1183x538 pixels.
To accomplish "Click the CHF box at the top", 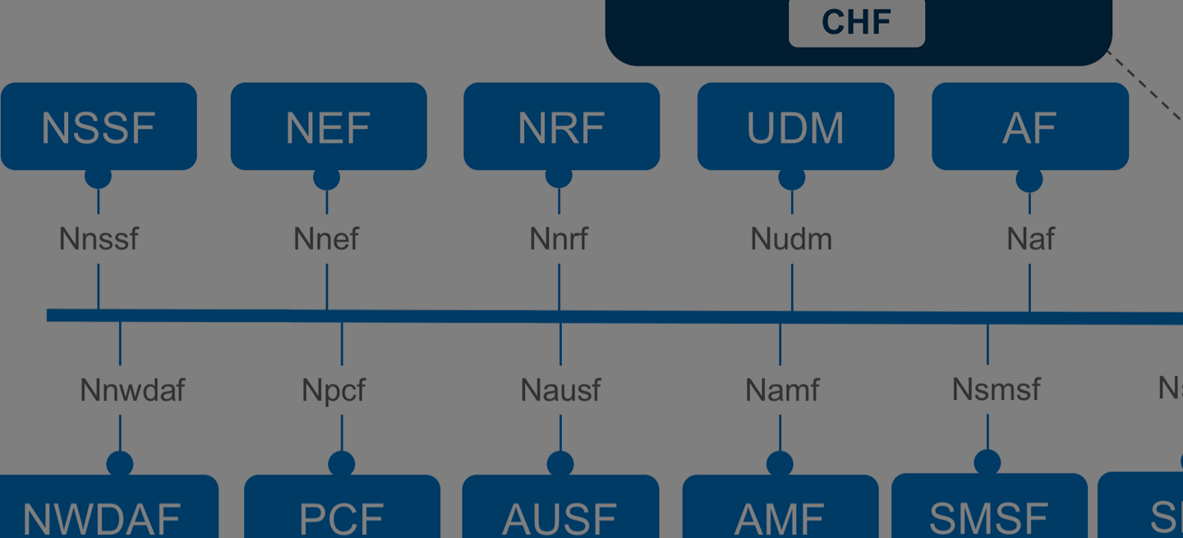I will tap(856, 22).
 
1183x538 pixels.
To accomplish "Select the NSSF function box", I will tap(99, 126).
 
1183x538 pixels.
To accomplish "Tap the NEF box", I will tap(328, 126).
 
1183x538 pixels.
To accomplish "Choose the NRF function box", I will tap(561, 126).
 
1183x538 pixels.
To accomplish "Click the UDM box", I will tap(795, 126).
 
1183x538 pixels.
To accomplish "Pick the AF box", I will tap(1029, 126).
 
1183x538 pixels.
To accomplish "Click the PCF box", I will tap(342, 509).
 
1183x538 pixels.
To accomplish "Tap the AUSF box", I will tap(560, 509).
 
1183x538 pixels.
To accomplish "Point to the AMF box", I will tap(780, 509).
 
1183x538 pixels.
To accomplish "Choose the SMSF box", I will tap(988, 509).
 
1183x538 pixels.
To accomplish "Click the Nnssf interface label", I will tap(99, 239).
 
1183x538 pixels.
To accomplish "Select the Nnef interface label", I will tap(326, 239).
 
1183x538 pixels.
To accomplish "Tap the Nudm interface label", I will tap(791, 239).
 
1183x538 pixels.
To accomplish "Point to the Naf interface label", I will tap(1030, 239).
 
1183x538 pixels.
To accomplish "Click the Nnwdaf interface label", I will tap(132, 389).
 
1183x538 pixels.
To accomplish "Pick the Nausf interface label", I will tap(560, 389).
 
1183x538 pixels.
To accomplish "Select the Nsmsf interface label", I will tap(996, 389).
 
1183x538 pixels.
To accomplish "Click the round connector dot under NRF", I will tap(559, 176).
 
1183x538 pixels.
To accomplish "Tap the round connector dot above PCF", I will tap(342, 464).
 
